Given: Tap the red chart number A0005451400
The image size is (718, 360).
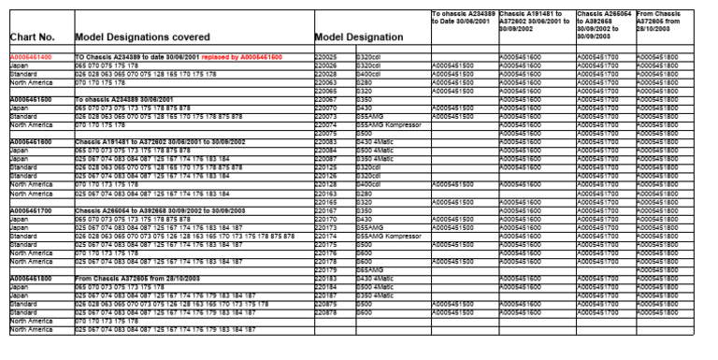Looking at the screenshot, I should [31, 57].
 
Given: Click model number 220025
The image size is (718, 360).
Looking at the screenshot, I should [326, 57].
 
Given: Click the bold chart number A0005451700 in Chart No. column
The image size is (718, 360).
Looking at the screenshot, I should [31, 210].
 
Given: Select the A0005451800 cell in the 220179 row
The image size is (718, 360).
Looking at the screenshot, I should [659, 269].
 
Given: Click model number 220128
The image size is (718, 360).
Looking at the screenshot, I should [326, 184].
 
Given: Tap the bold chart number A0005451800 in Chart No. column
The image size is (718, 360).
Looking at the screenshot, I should [31, 279].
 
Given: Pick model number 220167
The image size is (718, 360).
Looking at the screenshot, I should [326, 210].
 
